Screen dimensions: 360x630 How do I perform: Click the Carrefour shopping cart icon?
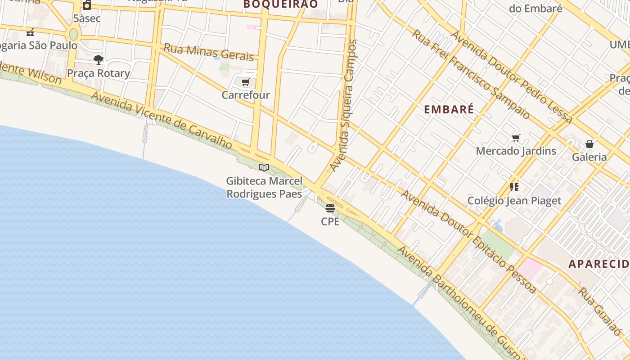[245, 82]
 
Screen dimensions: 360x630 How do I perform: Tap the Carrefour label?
[246, 95]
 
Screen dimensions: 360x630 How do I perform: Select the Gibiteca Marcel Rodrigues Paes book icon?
[264, 168]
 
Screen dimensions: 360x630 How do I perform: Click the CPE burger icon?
[330, 208]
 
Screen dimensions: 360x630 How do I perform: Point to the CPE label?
[330, 221]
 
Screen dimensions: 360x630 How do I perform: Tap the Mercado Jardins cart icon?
[516, 138]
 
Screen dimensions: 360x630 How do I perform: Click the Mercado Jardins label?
[516, 151]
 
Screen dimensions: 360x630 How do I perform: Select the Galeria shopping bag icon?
[589, 144]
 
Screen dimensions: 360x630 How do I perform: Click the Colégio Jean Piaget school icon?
[514, 187]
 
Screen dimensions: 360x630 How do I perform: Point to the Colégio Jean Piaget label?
[514, 201]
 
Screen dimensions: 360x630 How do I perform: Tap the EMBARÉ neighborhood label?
[449, 109]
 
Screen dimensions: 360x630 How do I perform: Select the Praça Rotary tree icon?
[99, 60]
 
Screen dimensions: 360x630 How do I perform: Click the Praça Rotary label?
[99, 73]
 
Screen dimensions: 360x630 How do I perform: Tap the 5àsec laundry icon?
[87, 5]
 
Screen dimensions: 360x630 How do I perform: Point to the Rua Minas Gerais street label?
[209, 52]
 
